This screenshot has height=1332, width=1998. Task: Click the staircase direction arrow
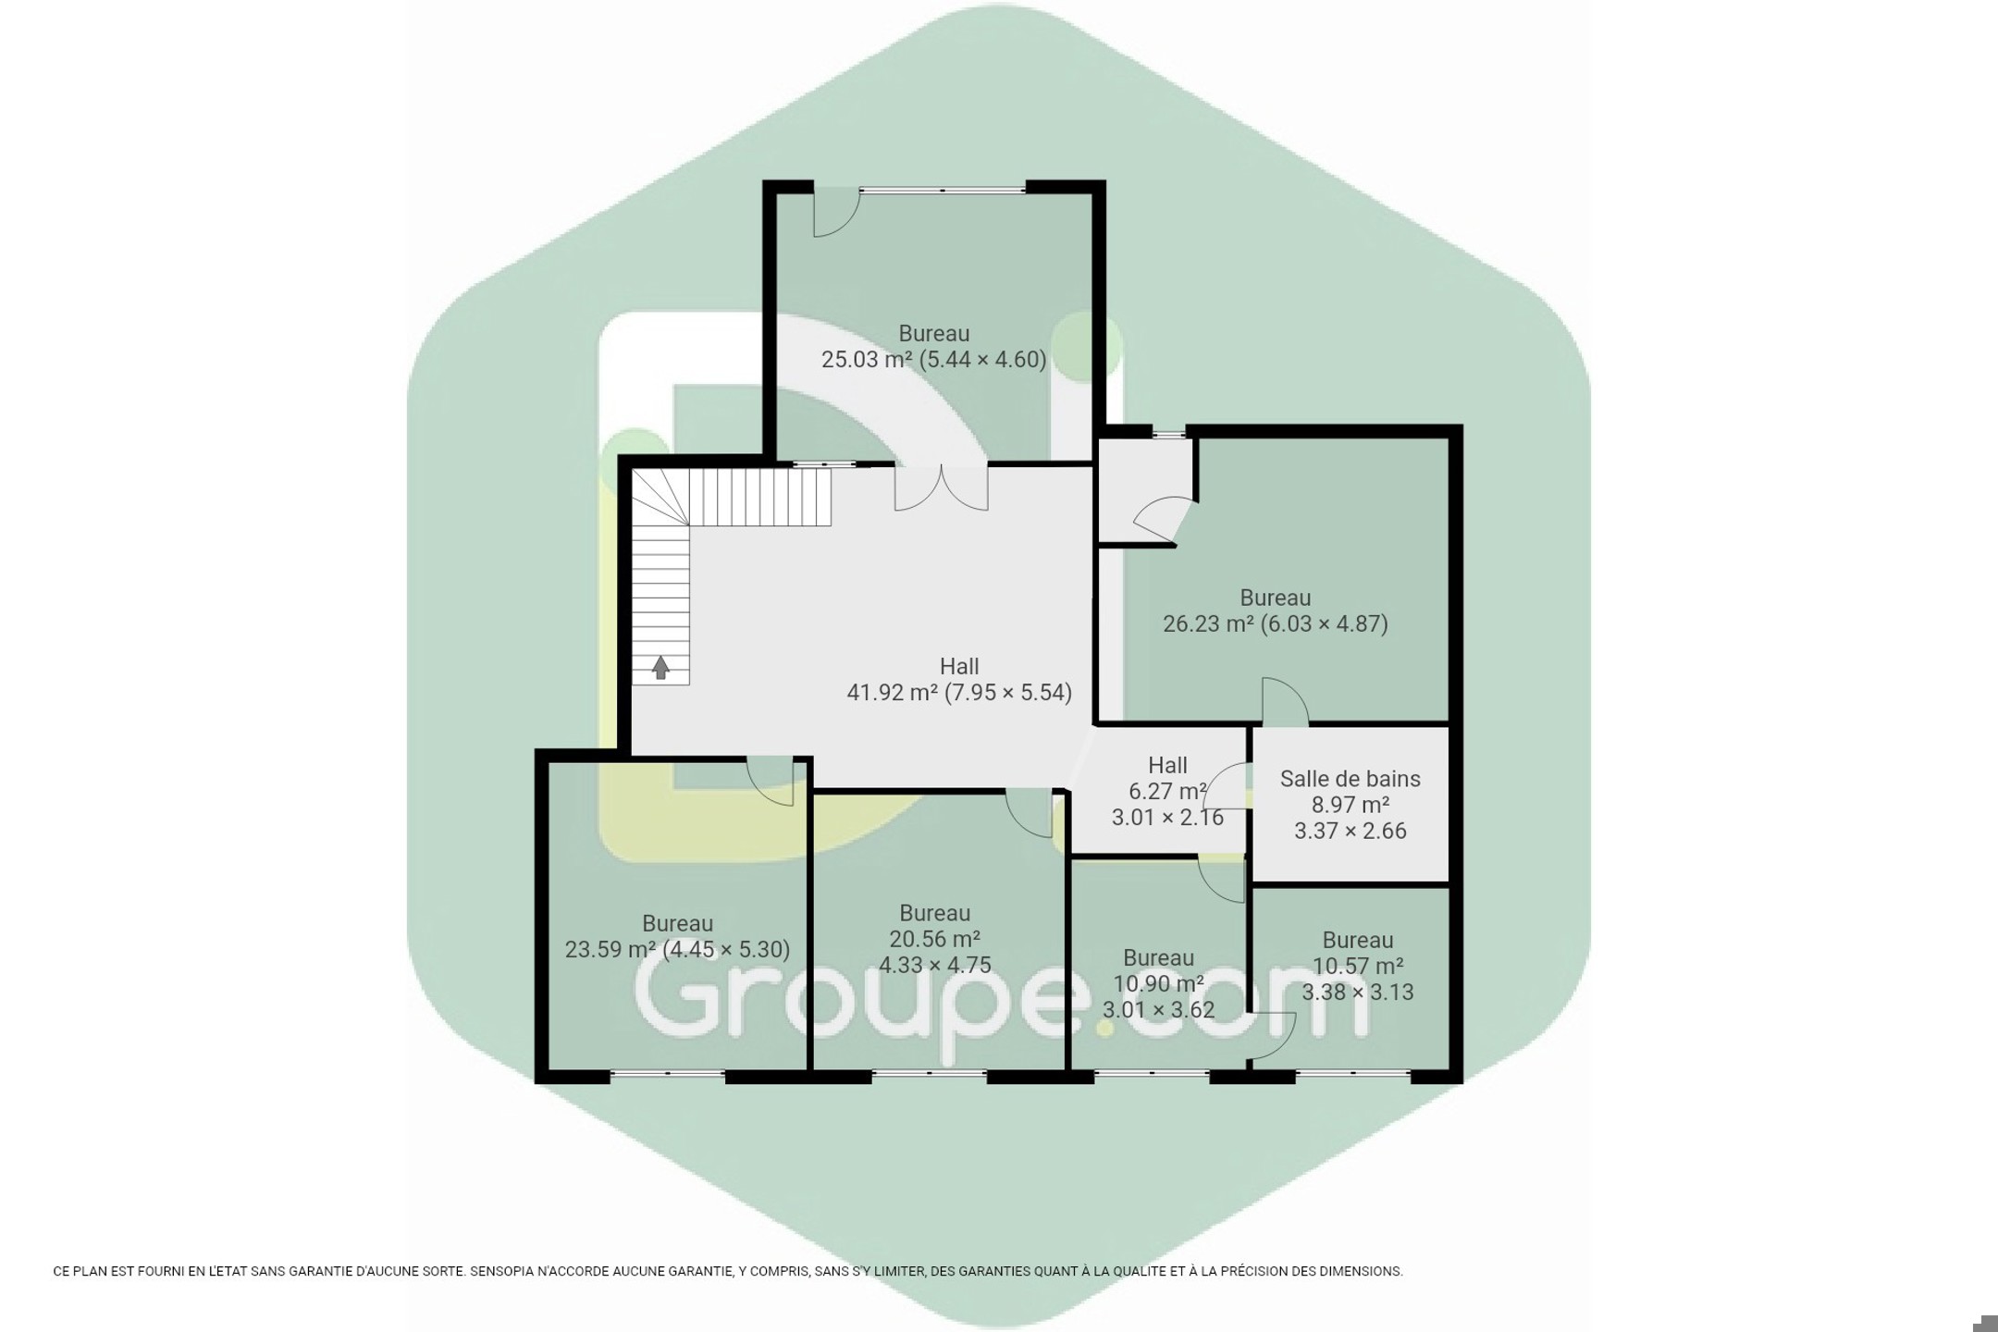[660, 668]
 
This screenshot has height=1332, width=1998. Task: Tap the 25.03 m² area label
[864, 359]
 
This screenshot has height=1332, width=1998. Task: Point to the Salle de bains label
[1350, 779]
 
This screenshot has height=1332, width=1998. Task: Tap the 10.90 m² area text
[1158, 983]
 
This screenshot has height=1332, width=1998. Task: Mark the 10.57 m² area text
[1358, 966]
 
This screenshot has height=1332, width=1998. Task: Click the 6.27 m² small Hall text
[1167, 791]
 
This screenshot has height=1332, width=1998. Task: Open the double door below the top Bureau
[941, 488]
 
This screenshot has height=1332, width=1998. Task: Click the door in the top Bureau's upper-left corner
[836, 213]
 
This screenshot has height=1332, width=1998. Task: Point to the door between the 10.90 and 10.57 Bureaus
[1272, 1035]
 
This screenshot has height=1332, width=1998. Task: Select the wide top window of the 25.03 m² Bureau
[943, 190]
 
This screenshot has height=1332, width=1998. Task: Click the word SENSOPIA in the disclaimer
[499, 1272]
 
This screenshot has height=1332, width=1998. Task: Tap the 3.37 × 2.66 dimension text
[1350, 831]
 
